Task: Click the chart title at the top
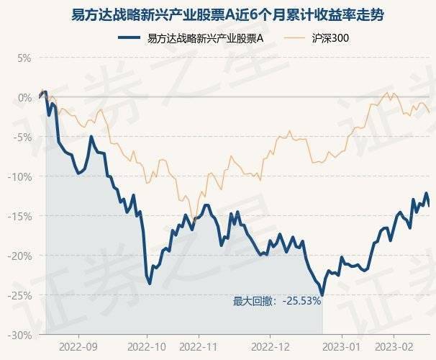[x=218, y=14]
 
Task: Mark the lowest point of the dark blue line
[x=322, y=295]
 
